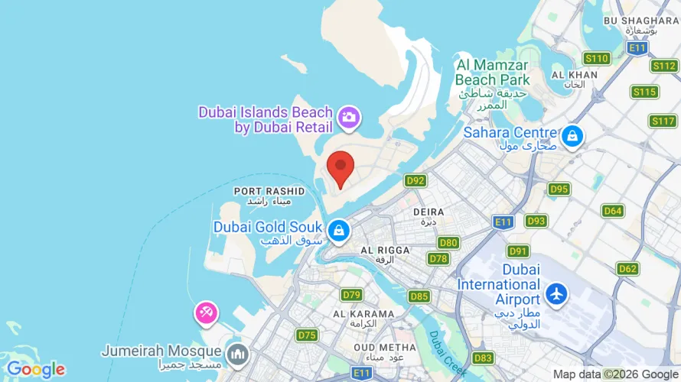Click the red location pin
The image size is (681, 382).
click(340, 167)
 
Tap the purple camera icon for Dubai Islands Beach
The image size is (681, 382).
click(350, 117)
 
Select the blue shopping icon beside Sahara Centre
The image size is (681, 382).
click(571, 137)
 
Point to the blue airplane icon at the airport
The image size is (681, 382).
click(556, 293)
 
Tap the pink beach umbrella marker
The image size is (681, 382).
click(207, 312)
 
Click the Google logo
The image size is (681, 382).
click(35, 370)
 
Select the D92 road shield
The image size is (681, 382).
click(415, 181)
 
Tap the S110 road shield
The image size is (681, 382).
click(596, 58)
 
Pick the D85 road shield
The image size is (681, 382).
click(419, 296)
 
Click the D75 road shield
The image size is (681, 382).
click(307, 335)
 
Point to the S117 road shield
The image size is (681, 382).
click(662, 121)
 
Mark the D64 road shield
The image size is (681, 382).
click(613, 211)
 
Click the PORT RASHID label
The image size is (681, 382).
click(269, 191)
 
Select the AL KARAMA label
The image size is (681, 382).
click(363, 314)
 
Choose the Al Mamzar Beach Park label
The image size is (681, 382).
click(492, 70)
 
